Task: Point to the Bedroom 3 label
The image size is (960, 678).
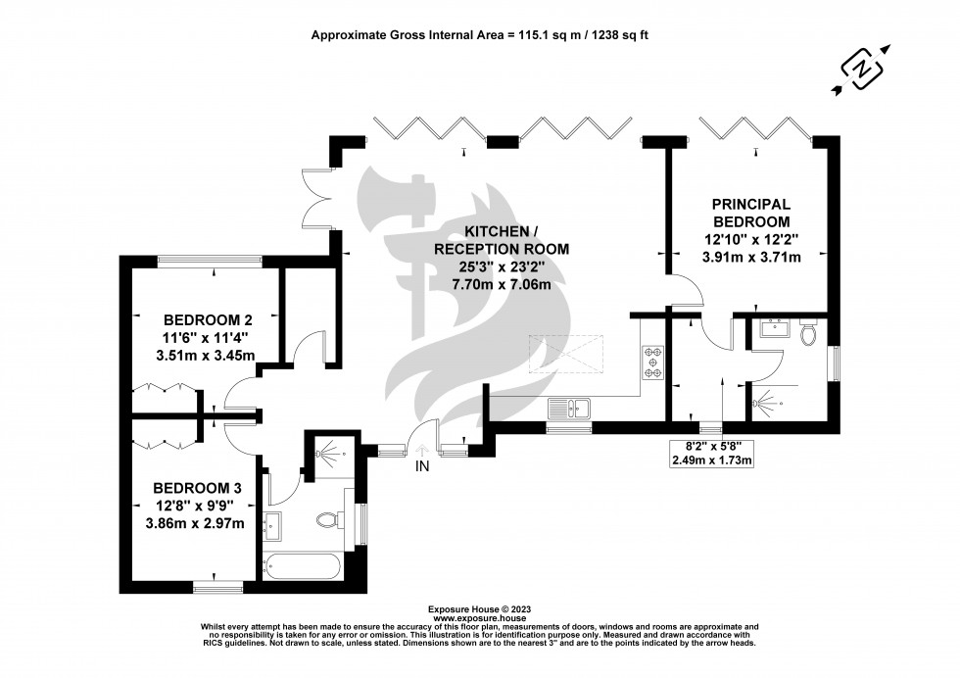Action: point(196,488)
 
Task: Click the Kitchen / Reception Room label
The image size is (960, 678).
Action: point(501,241)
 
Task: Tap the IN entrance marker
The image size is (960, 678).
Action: point(422,466)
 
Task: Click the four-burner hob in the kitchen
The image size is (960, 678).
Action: point(652,363)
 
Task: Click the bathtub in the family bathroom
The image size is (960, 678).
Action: point(303,565)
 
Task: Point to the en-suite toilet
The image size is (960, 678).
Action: point(808,334)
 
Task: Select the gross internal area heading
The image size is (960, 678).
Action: point(480,34)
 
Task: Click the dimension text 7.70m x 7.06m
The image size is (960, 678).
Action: point(501,284)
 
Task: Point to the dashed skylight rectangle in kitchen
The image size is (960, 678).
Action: point(564,354)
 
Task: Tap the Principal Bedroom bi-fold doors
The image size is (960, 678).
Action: point(755,129)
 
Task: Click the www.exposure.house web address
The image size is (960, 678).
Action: point(480,619)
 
